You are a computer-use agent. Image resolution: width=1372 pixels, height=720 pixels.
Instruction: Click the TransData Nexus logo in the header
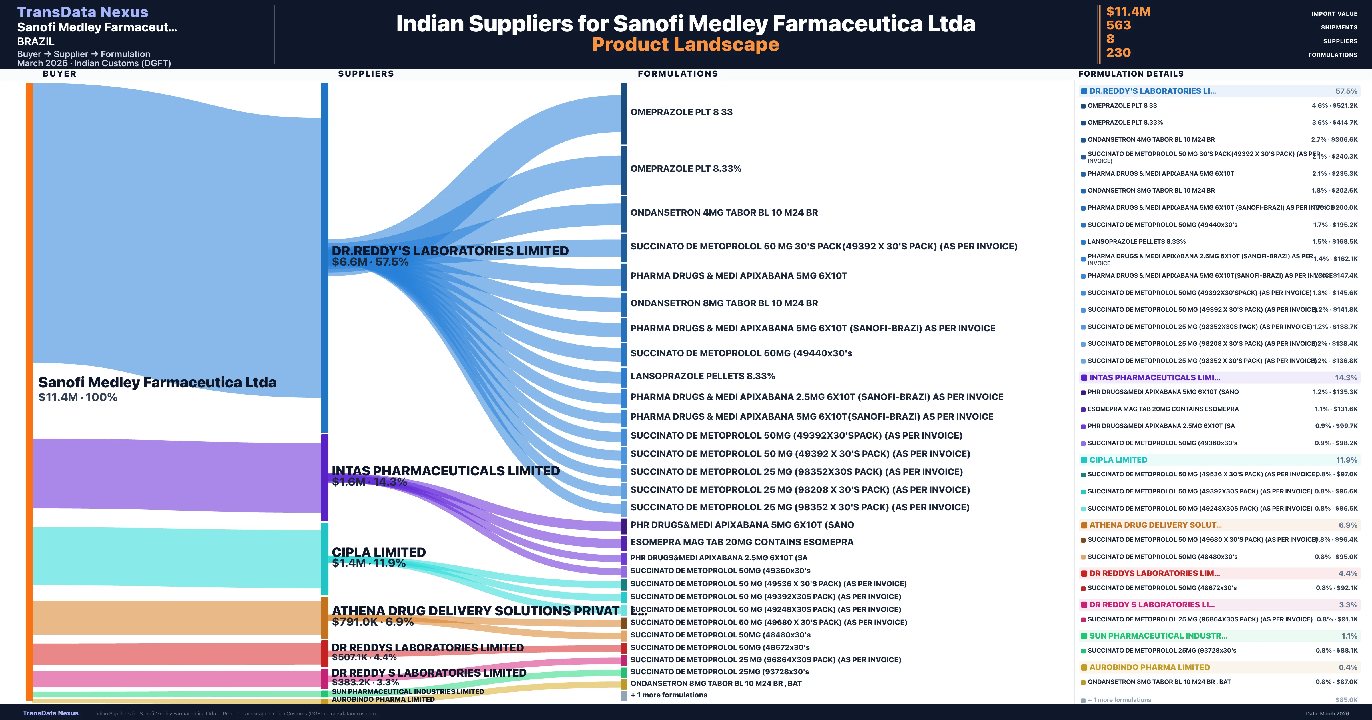click(x=83, y=12)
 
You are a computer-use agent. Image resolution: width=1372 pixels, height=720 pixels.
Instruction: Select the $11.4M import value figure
click(x=1128, y=11)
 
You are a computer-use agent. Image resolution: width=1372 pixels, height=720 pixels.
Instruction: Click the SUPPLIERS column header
click(x=366, y=73)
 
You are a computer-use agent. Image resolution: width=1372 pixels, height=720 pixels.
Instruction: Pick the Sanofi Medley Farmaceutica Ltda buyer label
click(x=157, y=382)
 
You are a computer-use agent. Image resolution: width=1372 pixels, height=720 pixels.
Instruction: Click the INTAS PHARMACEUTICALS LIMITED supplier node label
click(x=445, y=471)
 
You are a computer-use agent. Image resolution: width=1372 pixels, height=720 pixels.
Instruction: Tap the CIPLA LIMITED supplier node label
click(x=379, y=552)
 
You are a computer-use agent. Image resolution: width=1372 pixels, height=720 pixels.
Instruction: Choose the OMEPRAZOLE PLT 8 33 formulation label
click(x=681, y=112)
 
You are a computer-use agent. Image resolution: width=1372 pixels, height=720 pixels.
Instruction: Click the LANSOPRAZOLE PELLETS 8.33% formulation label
click(x=703, y=376)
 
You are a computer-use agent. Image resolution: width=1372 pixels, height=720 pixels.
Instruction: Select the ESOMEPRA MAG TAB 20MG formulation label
click(x=741, y=542)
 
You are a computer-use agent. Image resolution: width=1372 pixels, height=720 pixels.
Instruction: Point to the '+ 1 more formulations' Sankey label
click(x=669, y=695)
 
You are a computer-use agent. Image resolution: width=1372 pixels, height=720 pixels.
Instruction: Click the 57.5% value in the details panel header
click(x=1346, y=91)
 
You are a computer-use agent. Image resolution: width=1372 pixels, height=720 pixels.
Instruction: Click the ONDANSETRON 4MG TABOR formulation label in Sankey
click(x=724, y=213)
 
